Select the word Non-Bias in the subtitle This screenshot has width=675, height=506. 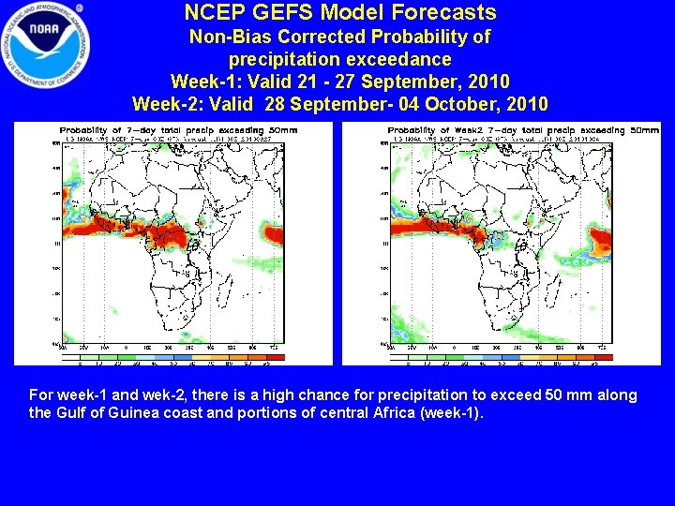227,37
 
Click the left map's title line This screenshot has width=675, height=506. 178,130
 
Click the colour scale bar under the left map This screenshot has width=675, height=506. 178,357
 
